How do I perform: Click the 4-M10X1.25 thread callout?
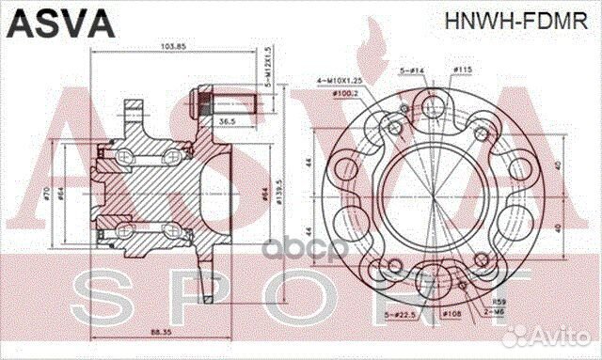(339, 82)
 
